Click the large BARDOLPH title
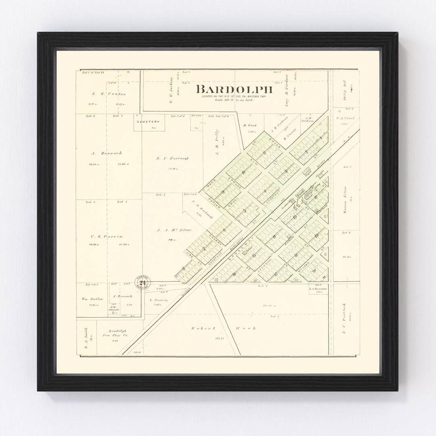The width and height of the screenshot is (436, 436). (234, 89)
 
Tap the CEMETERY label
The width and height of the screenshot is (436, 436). (148, 122)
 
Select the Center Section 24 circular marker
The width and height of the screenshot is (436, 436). (142, 282)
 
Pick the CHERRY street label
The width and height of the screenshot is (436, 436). (213, 237)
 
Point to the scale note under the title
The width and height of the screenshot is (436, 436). (234, 99)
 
